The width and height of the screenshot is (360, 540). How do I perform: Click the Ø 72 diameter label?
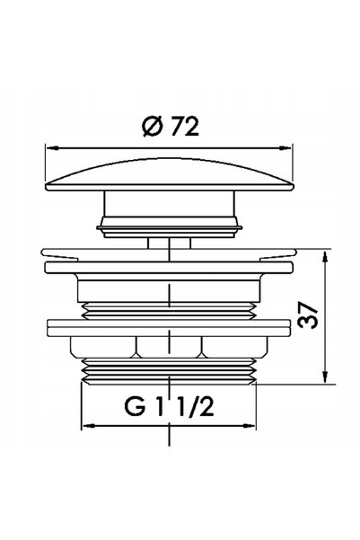click(171, 127)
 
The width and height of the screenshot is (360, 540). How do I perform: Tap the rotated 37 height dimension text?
click(308, 315)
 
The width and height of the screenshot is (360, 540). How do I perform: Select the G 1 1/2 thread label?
click(169, 407)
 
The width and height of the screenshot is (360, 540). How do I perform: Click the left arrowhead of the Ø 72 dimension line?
click(52, 148)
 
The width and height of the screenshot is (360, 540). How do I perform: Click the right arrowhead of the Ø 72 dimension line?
click(285, 148)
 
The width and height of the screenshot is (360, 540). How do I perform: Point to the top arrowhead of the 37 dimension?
click(325, 258)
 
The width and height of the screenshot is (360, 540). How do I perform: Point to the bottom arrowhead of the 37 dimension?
click(325, 376)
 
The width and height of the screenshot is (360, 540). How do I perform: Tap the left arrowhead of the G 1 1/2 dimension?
click(89, 426)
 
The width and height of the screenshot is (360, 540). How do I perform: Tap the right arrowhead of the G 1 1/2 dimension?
click(249, 426)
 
